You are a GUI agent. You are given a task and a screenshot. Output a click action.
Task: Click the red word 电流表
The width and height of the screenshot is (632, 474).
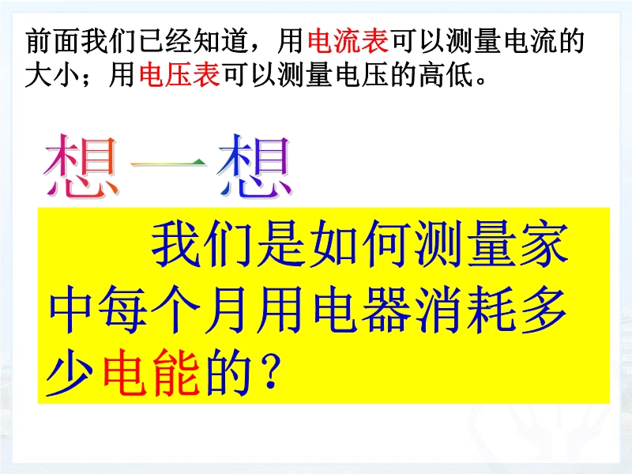pos(348,41)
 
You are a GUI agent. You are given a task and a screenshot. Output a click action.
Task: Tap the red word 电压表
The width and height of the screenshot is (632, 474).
pos(180,75)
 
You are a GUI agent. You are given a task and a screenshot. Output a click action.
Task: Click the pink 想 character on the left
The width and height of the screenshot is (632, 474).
pos(81,166)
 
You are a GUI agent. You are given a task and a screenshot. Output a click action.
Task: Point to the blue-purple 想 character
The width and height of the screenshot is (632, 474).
pos(254,166)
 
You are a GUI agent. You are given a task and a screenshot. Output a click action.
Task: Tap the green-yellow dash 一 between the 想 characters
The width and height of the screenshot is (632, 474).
pos(168,163)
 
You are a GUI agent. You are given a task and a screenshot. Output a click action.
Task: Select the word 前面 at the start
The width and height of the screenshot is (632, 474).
pos(54,41)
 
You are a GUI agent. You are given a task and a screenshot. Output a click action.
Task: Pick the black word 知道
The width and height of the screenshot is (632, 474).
pos(222,41)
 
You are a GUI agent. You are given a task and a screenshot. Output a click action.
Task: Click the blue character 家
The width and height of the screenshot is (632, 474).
pos(544,245)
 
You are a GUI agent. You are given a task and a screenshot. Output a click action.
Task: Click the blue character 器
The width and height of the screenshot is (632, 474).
pos(386,309)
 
